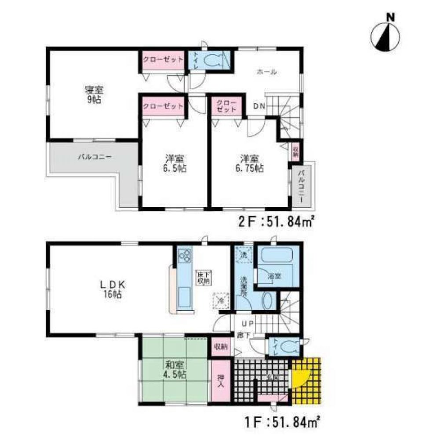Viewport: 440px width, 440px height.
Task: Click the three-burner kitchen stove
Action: click(x=185, y=255)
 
